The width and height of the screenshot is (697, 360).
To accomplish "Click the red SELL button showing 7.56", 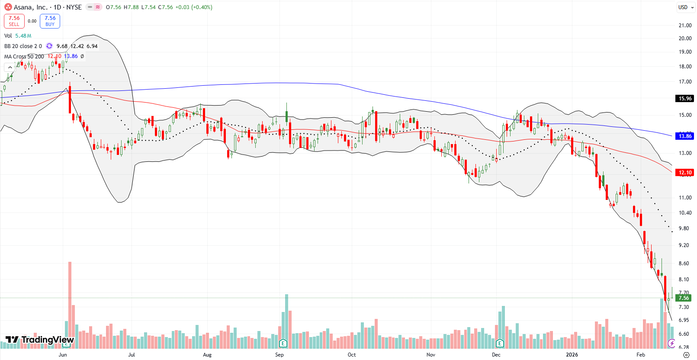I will [14, 21].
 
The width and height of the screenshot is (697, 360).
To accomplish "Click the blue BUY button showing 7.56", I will [50, 21].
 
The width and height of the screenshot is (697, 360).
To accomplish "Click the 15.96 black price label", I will [684, 98].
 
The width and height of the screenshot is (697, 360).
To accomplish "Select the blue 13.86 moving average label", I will [684, 136].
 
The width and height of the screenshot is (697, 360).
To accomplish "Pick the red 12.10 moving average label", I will [684, 172].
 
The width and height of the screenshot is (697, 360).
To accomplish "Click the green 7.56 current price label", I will [684, 298].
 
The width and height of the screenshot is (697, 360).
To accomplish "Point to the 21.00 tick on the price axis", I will [685, 26].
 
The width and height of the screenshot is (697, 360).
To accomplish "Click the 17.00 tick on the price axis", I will [685, 82].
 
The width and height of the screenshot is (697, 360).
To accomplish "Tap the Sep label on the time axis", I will [279, 355].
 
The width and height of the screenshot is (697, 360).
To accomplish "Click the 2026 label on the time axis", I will [572, 355].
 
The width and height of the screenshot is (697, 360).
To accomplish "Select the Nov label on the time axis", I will [431, 355].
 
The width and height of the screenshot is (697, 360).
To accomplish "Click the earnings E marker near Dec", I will [500, 344].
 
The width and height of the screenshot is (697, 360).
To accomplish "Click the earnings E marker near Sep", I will [283, 344].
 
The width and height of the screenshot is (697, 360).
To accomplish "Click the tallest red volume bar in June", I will [70, 303].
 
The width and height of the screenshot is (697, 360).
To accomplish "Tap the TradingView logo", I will [40, 340].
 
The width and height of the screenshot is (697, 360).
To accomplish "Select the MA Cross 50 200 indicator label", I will [24, 57].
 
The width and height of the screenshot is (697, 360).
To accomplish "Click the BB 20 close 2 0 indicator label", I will [23, 46].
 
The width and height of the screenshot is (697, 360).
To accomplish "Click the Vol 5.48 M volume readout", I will [18, 36].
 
